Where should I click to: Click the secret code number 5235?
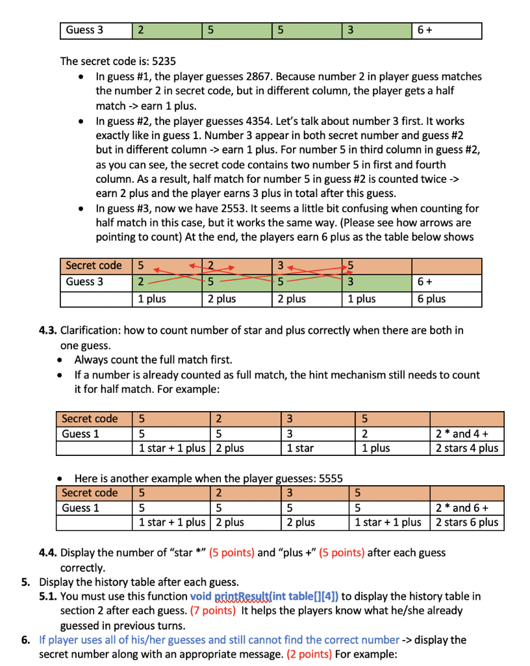coord(163,62)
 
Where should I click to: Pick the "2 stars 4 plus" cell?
coord(467,448)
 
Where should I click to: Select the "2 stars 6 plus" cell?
coord(467,522)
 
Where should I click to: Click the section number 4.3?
coord(48,330)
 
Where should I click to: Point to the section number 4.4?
coord(48,553)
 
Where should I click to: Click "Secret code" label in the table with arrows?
coord(94,265)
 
